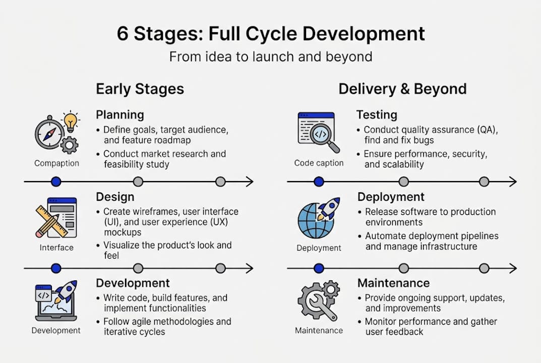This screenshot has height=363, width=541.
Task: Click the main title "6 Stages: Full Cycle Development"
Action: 271,34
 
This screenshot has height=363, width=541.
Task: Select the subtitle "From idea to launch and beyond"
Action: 271,56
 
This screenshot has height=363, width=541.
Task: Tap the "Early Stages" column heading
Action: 140,89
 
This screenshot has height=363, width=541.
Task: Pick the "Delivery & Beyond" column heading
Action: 402,89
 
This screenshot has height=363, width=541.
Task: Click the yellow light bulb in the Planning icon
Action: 71,121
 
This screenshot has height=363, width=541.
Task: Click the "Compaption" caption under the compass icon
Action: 56,163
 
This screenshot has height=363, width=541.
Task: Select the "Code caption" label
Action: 319,163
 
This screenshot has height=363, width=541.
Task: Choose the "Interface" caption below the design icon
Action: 56,248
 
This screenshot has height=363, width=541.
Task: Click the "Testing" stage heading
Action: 377,115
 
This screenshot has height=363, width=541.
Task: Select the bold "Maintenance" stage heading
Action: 393,283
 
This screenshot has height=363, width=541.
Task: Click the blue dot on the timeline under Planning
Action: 56,181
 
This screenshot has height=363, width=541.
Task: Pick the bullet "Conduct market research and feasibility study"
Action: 164,159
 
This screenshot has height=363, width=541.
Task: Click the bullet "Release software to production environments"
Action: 430,217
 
